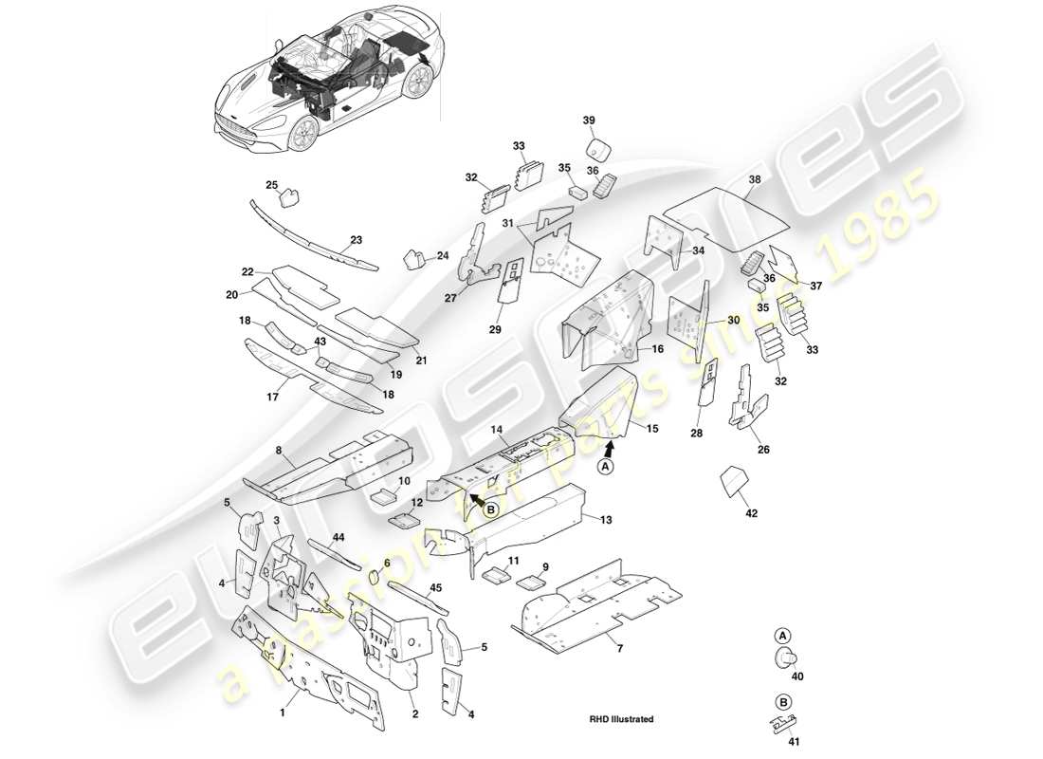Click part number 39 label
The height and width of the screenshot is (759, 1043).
[x=589, y=120]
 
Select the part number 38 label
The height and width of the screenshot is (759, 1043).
[x=754, y=179]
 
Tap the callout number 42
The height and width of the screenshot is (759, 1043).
[x=751, y=513]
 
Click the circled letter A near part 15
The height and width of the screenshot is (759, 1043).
[x=606, y=465]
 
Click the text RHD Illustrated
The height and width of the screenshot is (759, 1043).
[x=621, y=720]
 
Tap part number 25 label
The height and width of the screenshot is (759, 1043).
[x=271, y=184]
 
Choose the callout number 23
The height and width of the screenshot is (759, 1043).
[x=357, y=240]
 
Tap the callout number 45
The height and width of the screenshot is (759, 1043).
[x=435, y=587]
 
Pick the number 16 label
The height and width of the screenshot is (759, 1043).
[x=657, y=349]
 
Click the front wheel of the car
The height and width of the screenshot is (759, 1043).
[x=302, y=133]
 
